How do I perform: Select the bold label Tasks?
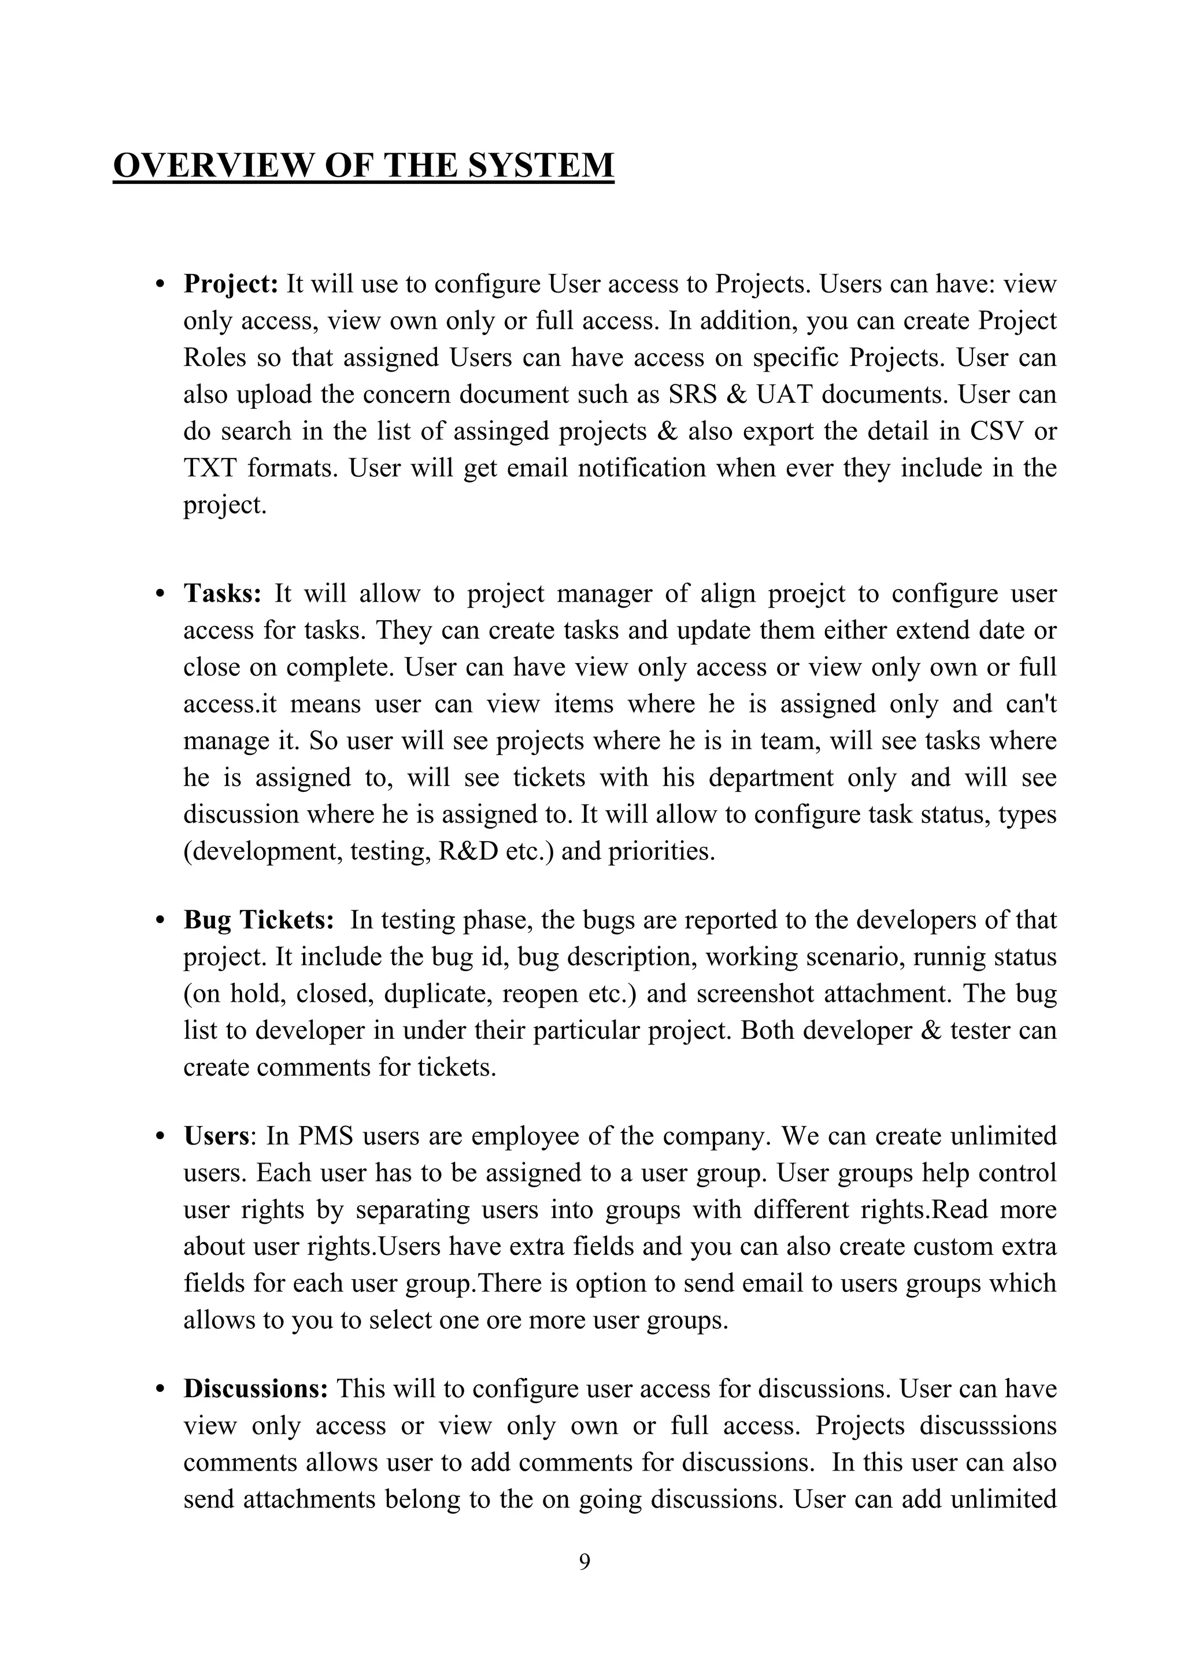[x=221, y=594]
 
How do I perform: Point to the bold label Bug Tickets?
[x=258, y=920]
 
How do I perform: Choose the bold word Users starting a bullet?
[x=216, y=1136]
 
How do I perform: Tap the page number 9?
[x=584, y=1562]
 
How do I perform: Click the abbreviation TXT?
[x=209, y=468]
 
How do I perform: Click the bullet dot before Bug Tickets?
[x=160, y=921]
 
